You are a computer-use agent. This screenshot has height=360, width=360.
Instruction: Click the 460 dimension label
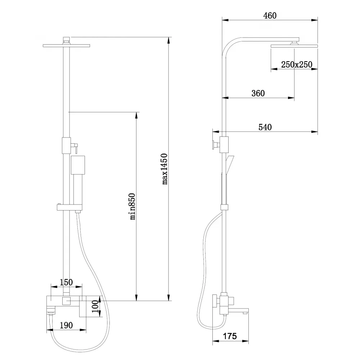coord(270,15)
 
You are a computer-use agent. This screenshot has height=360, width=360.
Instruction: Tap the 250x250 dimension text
coord(297,64)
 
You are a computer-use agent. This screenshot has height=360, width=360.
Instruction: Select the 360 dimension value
coord(258,93)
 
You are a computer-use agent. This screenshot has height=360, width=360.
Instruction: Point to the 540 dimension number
coord(265,127)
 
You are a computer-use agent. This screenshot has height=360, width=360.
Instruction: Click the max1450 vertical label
coord(165,169)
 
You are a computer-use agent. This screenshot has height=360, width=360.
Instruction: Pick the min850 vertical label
coord(132,207)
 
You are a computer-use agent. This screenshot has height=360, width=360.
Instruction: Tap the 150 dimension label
coord(66,282)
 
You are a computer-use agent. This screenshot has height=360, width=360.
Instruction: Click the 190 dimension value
coord(66,325)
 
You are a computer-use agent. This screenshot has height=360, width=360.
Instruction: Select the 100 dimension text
coord(95,306)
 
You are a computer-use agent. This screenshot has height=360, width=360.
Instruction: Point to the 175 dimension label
coord(230,336)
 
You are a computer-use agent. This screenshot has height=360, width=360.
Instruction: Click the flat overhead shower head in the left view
coord(66,46)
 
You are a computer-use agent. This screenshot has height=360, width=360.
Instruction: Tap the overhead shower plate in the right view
coord(294,46)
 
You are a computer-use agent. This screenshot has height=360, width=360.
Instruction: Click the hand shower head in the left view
coord(78,165)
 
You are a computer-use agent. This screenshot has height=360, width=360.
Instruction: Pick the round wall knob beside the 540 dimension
coord(216,145)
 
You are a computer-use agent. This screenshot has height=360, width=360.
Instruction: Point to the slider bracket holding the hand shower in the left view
coord(69,207)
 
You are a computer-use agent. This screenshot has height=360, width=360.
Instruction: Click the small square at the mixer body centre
coord(66,301)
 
